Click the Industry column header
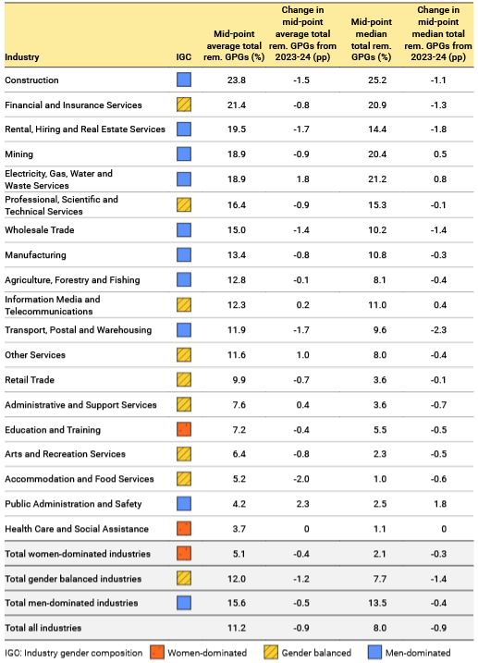[x=22, y=57]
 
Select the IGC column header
[x=183, y=57]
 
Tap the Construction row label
[x=32, y=80]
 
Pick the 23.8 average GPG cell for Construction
[x=239, y=80]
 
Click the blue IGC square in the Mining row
[x=183, y=155]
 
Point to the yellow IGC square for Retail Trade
[x=183, y=380]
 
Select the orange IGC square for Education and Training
[x=183, y=430]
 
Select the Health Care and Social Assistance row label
[x=77, y=529]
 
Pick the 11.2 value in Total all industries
[x=239, y=629]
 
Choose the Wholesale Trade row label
[x=40, y=230]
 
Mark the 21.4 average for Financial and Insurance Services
[x=239, y=105]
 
